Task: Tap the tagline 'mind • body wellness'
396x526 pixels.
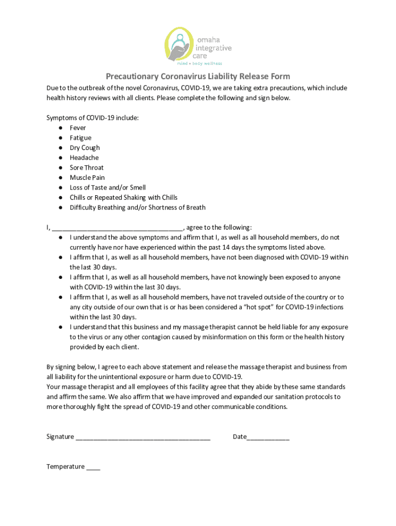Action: click(x=199, y=64)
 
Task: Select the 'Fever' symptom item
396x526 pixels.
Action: click(x=78, y=128)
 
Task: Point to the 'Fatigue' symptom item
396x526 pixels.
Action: click(x=80, y=138)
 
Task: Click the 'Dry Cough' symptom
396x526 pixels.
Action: click(x=85, y=148)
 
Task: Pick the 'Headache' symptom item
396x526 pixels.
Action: click(x=84, y=158)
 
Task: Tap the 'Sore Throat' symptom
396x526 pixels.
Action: click(x=86, y=167)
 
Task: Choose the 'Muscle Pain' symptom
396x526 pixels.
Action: click(x=87, y=178)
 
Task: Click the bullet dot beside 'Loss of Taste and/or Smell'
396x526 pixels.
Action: click(x=60, y=187)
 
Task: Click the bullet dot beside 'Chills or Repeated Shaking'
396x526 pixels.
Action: click(x=60, y=198)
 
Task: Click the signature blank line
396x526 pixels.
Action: click(x=143, y=438)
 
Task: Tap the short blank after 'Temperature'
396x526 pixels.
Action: click(x=93, y=468)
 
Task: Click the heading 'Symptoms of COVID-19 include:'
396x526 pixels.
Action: click(x=93, y=118)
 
